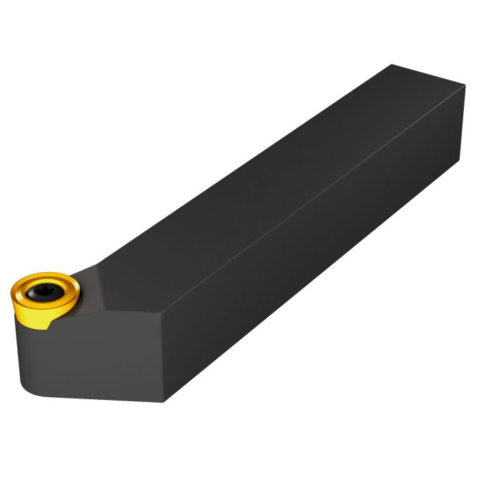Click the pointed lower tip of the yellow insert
point(45,327)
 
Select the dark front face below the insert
point(96,357)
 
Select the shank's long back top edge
point(240,172)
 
